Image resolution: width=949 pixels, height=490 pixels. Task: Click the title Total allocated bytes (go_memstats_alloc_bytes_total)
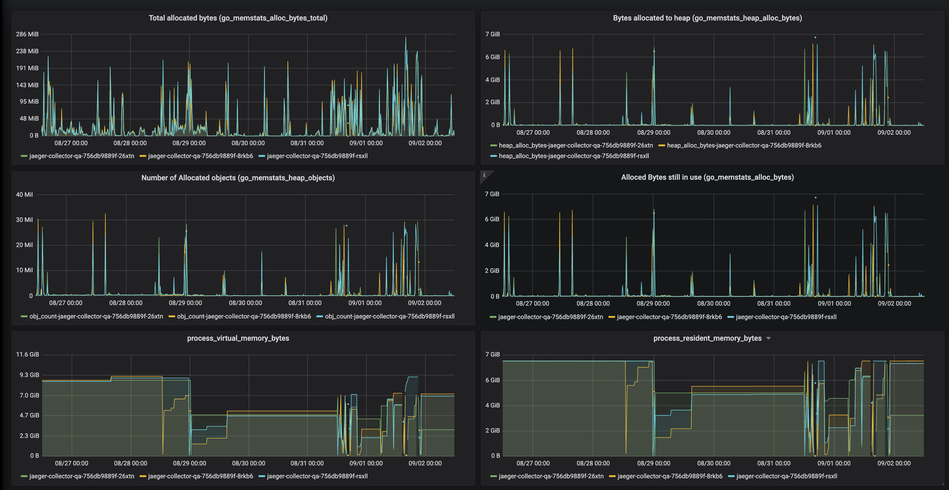238,18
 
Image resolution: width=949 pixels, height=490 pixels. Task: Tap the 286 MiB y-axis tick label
27,34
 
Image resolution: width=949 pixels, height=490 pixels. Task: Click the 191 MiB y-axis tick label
27,68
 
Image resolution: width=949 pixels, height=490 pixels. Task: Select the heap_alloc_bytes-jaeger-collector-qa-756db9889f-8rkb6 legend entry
744,145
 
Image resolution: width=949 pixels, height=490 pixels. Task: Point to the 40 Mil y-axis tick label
24,195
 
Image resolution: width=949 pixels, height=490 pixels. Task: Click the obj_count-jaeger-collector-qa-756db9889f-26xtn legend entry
96,316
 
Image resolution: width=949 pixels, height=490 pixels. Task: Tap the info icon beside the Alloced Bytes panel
484,175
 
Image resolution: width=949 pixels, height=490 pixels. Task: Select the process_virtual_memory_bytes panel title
238,338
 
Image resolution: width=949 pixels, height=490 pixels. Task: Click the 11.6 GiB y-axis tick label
27,354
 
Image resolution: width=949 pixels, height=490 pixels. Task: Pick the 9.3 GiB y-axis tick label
29,375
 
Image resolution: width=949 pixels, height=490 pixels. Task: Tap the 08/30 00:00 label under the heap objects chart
245,303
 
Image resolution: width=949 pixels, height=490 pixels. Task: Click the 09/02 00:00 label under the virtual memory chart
425,463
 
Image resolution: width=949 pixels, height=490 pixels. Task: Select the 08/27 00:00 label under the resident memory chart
533,463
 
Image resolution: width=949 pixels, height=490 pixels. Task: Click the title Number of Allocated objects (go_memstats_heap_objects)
238,178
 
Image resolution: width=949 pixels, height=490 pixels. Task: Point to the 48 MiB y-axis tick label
29,119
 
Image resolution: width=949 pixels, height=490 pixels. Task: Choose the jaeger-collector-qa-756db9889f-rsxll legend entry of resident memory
786,476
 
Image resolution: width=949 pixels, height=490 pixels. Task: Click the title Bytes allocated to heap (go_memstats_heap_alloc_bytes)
707,18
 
